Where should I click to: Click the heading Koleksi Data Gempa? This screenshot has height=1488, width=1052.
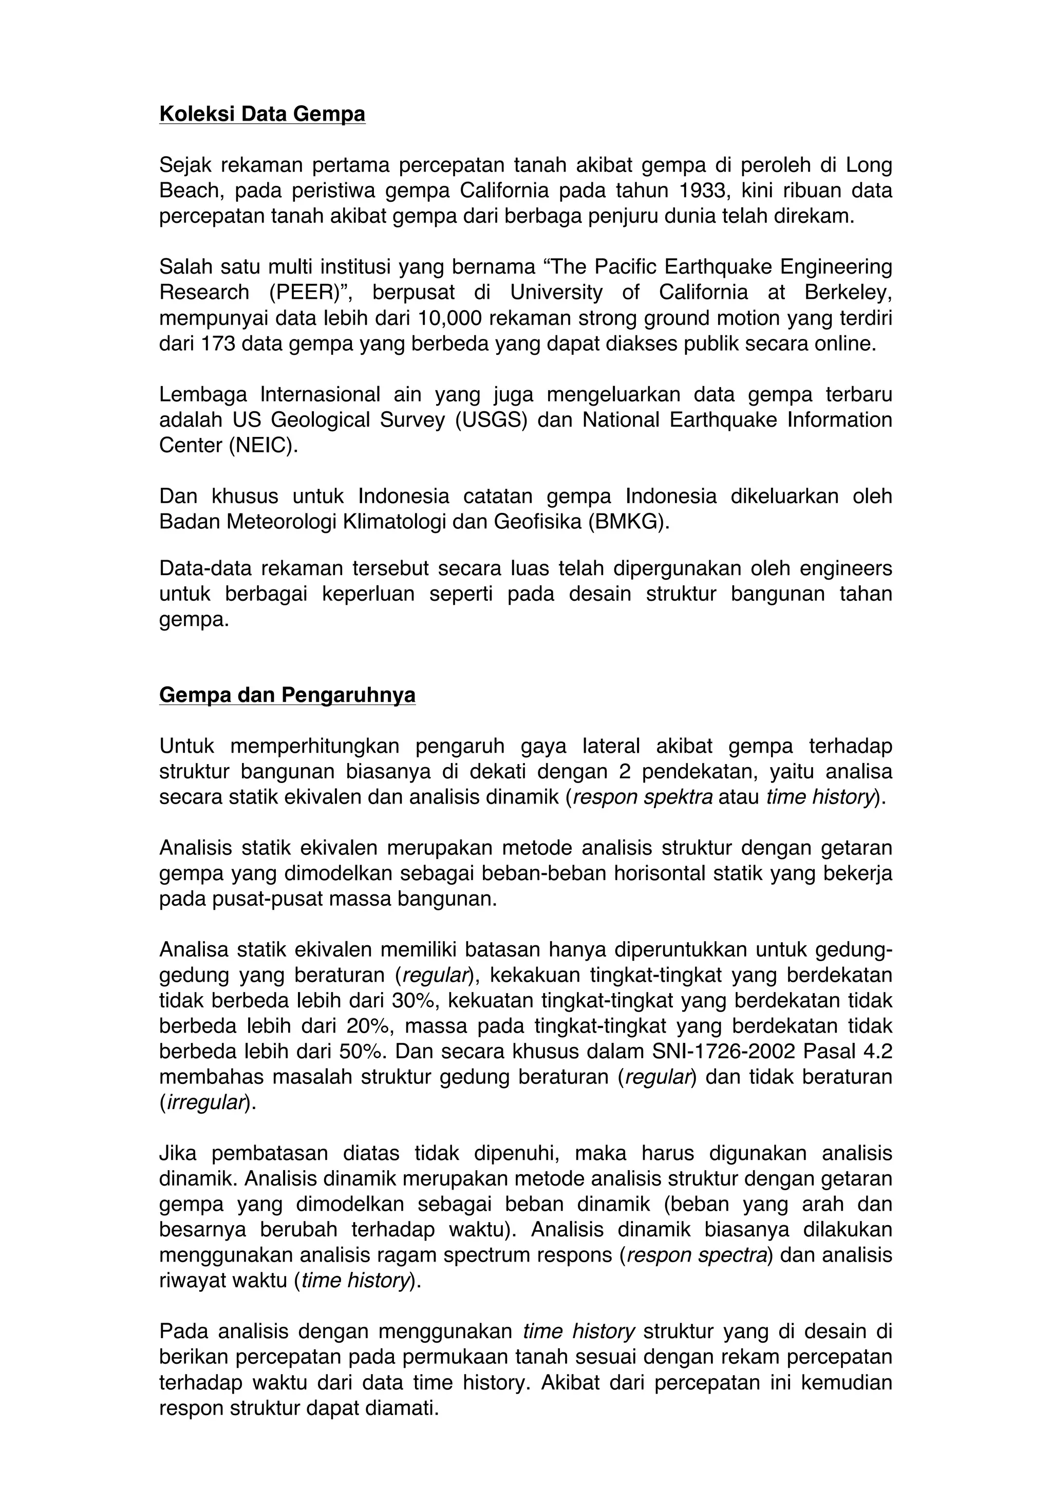coord(262,114)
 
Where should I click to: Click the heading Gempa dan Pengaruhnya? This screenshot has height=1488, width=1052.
coord(287,695)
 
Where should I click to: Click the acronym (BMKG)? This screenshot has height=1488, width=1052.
coord(628,522)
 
